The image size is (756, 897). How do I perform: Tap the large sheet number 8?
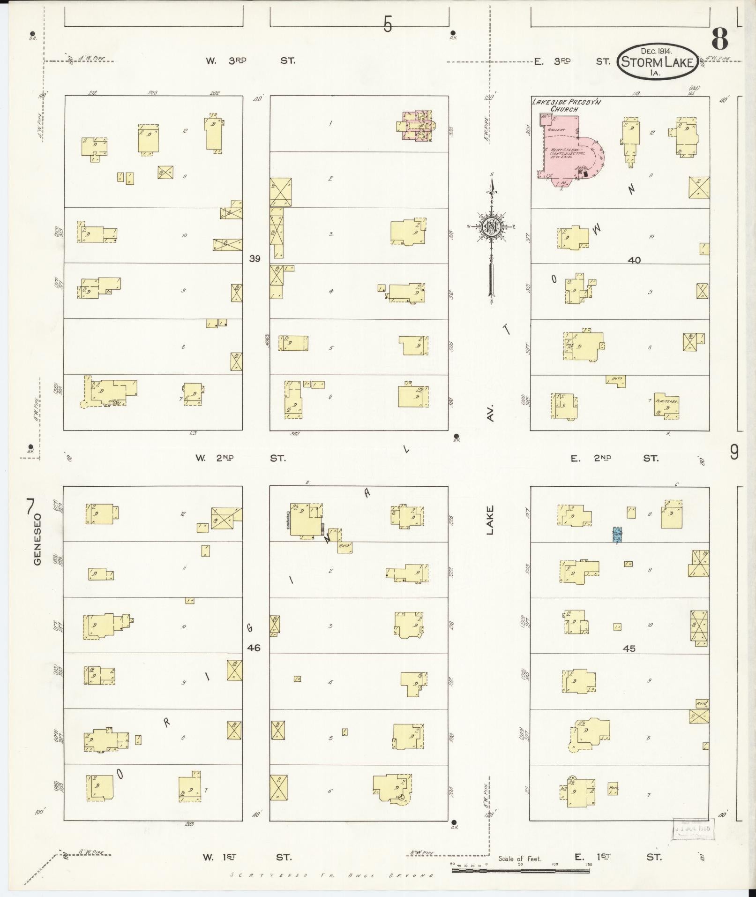pos(720,39)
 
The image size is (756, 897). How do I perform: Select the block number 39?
pos(254,258)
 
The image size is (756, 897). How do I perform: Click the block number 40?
pos(634,260)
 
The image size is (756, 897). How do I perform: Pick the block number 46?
pos(254,648)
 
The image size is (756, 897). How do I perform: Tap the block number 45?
pos(629,648)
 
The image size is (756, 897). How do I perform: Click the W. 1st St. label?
pos(247,857)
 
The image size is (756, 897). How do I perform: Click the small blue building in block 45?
pos(618,535)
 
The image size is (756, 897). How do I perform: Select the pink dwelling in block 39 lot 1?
pos(417,125)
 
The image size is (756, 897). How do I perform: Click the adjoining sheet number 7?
pos(30,507)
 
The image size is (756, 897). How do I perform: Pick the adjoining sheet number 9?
pos(734,453)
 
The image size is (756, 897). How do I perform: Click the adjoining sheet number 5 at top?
pos(387,24)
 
